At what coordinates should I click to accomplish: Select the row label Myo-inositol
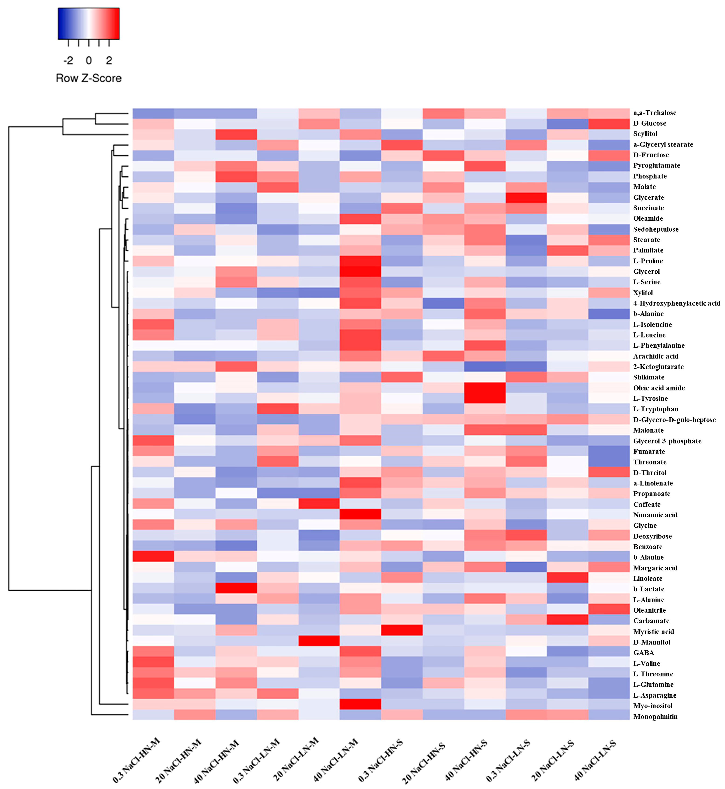click(x=652, y=705)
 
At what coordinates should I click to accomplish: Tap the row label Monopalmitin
click(x=655, y=716)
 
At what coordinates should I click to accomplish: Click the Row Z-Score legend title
click(x=89, y=78)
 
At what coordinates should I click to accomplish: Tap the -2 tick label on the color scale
click(x=68, y=60)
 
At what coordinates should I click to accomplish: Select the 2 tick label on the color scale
click(x=109, y=60)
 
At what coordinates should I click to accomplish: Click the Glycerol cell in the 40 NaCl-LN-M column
click(x=360, y=271)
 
